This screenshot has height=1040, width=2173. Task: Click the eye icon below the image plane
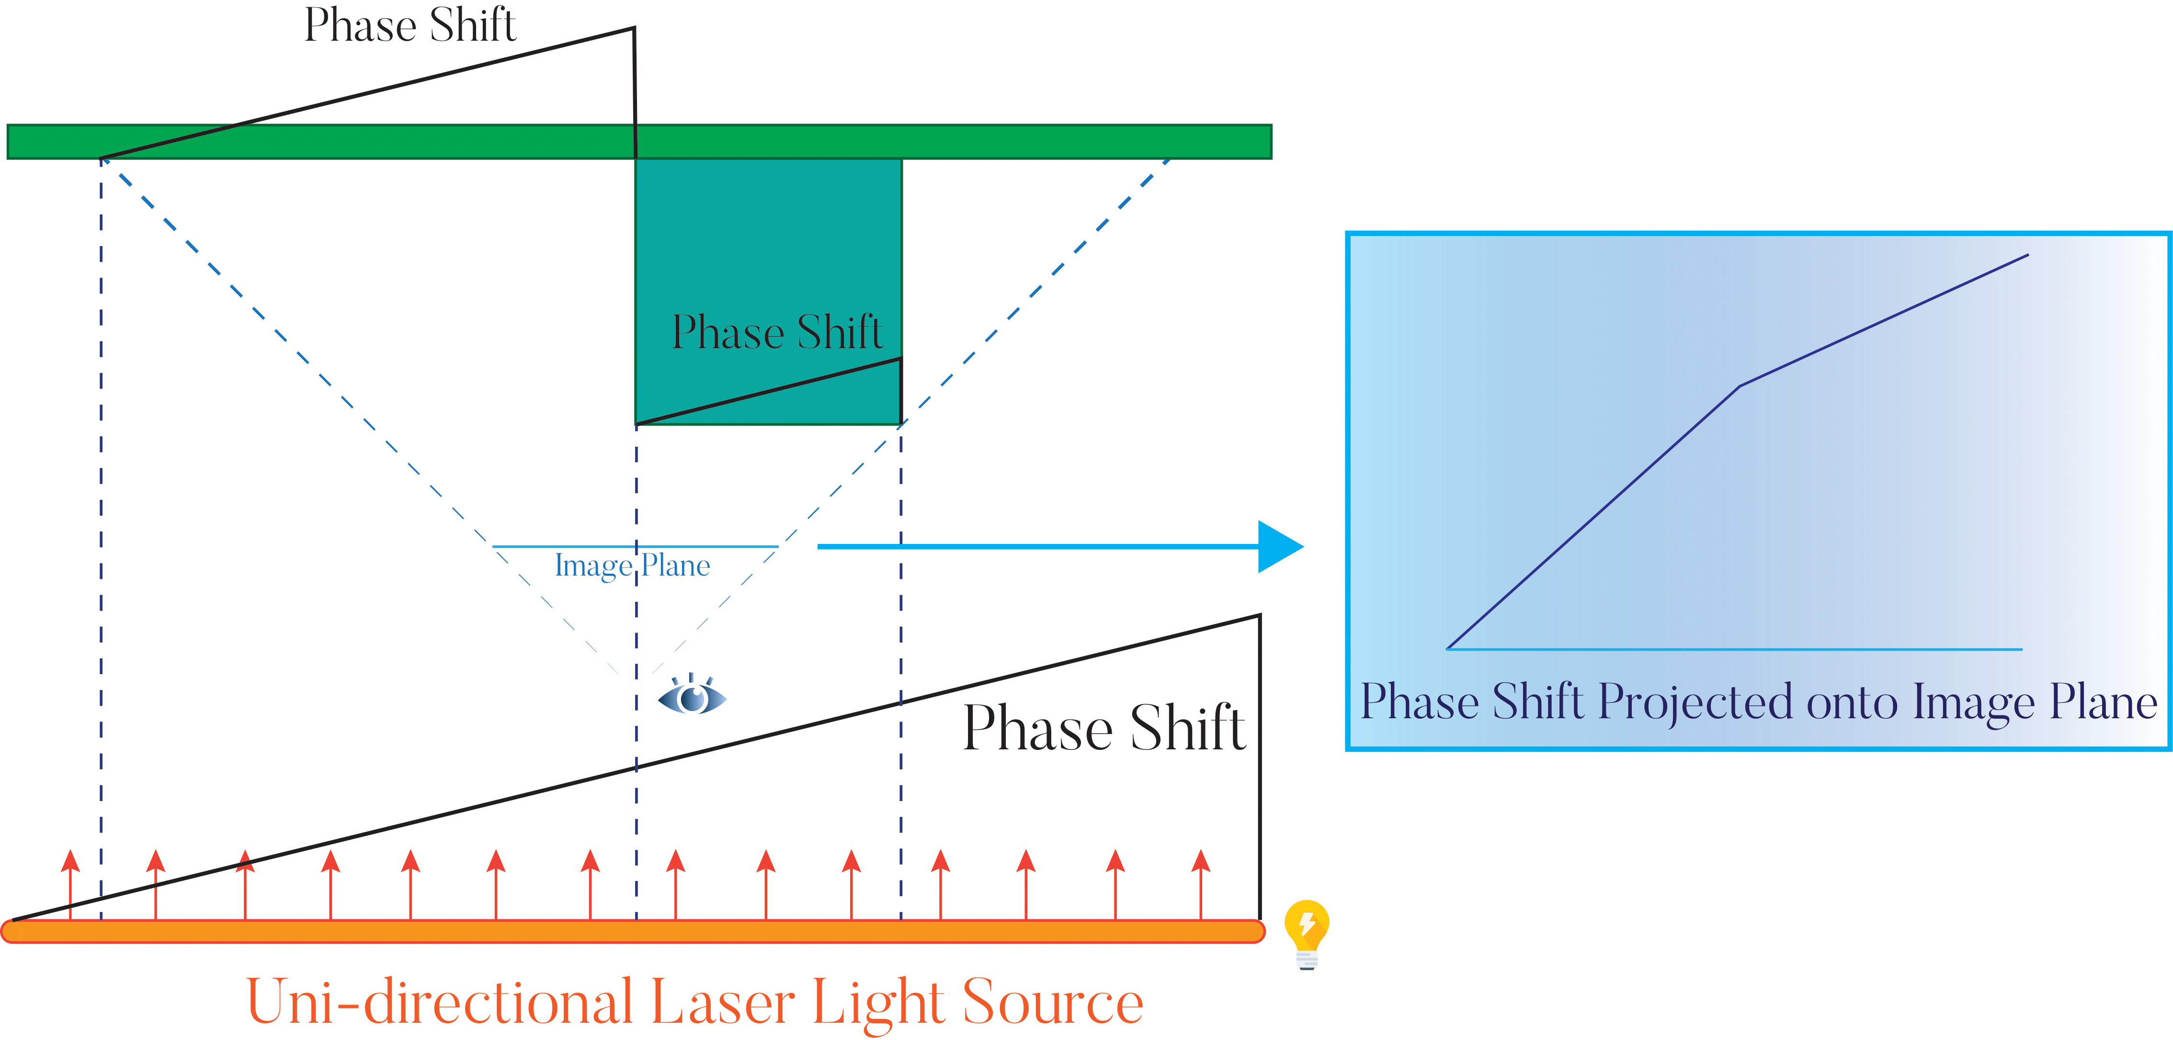(x=692, y=697)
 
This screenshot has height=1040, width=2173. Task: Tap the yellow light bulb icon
(x=1307, y=933)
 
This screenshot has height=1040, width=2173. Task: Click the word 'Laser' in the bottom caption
(x=722, y=1002)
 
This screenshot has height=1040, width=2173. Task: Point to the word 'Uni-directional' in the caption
(x=439, y=1002)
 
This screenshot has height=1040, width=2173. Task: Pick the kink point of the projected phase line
(x=1740, y=386)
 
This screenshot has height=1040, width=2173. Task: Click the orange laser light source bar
(x=633, y=931)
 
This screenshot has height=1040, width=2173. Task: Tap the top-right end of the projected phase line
(x=2027, y=255)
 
